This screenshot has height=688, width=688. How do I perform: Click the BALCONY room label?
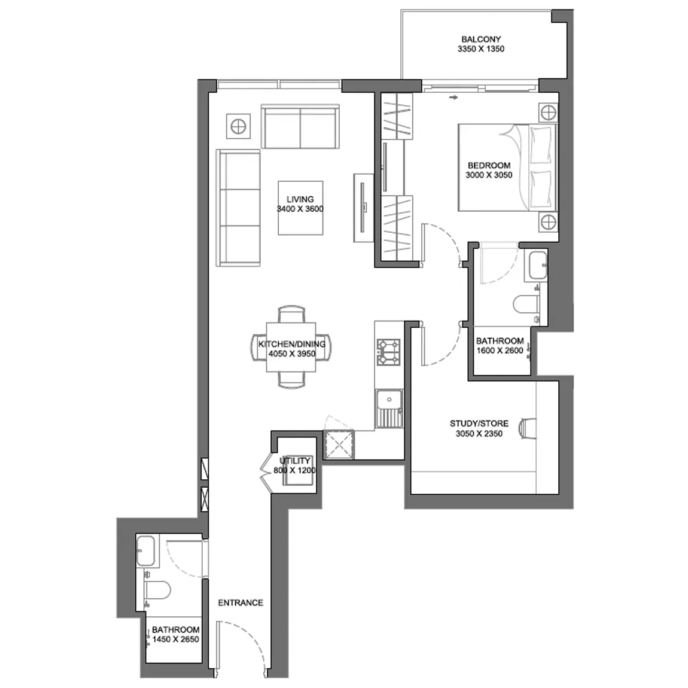[x=481, y=39]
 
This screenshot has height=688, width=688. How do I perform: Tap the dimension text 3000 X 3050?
[x=489, y=175]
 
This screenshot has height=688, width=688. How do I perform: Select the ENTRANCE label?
[x=241, y=603]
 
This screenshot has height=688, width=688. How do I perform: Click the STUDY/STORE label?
[x=479, y=424]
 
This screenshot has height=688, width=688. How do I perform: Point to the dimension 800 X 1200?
[x=294, y=470]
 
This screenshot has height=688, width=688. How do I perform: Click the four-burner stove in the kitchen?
[x=389, y=352]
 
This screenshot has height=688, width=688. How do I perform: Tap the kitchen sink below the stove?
[x=389, y=409]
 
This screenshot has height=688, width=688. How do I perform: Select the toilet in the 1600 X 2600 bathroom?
[x=526, y=305]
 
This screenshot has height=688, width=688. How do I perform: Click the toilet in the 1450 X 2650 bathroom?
[x=157, y=590]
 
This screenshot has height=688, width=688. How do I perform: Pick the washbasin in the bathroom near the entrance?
[x=145, y=551]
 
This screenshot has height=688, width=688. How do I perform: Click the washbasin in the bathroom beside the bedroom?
[x=537, y=266]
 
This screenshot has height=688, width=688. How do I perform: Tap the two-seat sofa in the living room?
[x=300, y=126]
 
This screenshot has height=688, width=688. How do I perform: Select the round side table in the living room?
[x=238, y=127]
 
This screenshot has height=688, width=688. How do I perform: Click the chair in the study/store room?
[x=527, y=427]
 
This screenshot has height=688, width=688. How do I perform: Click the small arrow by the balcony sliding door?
[x=453, y=98]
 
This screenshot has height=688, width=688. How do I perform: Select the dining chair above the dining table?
[x=291, y=314]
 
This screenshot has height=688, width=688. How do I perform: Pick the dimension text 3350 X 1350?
[x=481, y=49]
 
